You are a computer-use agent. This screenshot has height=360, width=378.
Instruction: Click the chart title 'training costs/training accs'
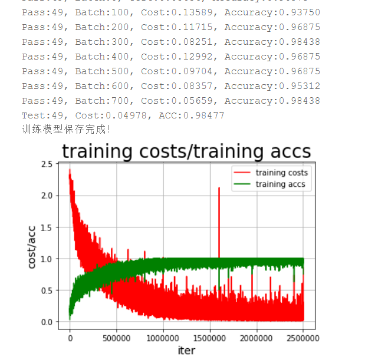186,151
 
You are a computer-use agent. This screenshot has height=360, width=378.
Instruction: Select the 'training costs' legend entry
281,173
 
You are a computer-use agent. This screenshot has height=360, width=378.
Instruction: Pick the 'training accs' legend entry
280,184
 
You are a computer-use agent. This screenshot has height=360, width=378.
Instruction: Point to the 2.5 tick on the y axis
47,164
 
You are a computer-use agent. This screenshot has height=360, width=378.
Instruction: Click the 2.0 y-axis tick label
47,196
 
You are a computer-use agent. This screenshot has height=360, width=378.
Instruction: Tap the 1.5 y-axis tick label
47,227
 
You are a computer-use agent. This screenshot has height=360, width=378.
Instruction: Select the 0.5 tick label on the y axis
47,290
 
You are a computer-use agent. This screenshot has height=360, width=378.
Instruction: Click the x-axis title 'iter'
186,351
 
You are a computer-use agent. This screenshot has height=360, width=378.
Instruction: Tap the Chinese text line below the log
65,128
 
